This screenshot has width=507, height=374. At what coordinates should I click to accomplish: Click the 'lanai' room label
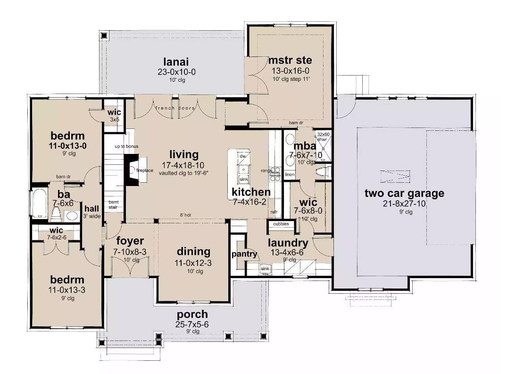click(176, 61)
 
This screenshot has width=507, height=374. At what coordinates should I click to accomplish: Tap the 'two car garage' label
click(404, 193)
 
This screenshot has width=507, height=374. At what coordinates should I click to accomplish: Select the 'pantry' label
click(244, 254)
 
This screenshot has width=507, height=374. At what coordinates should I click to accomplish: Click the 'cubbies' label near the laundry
click(281, 224)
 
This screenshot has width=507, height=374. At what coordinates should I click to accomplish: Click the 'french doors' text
click(175, 108)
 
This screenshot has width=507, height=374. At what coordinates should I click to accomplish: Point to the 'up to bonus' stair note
click(126, 146)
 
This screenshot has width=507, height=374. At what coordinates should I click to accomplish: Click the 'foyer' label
click(130, 241)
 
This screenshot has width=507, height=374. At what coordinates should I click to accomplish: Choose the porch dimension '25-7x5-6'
click(192, 325)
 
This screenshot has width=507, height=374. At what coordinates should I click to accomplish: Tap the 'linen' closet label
click(290, 175)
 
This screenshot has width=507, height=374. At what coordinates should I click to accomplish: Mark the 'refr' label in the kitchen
click(274, 212)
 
